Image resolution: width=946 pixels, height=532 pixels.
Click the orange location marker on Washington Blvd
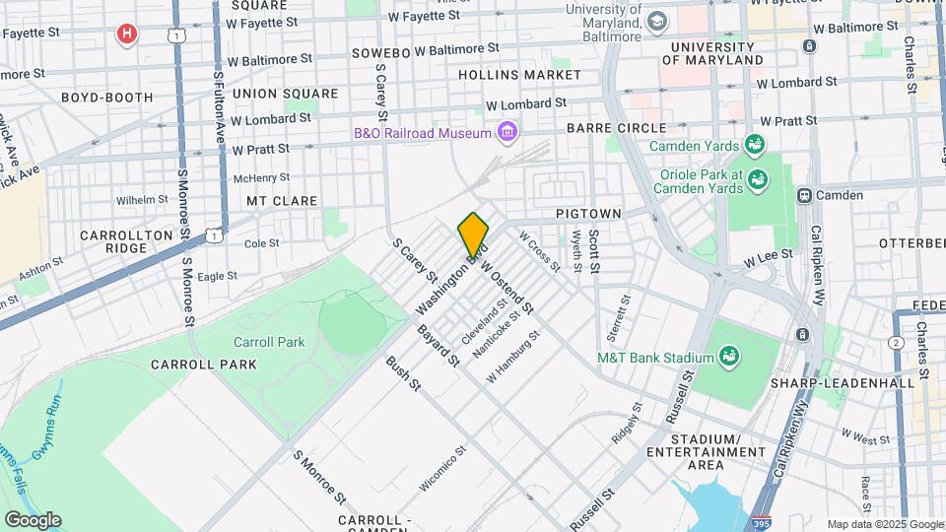[x=473, y=234]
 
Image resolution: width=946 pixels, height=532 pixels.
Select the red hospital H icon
[x=126, y=35]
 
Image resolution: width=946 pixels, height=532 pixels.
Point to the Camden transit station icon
[x=805, y=195]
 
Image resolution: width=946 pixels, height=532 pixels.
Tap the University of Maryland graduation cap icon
[x=657, y=20]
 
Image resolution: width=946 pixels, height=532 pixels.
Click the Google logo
[x=33, y=520]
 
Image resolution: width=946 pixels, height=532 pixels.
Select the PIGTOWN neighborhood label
[x=588, y=213]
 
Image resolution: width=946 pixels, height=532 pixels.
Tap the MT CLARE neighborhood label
[x=282, y=201]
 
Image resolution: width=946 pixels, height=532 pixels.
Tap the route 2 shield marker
[x=895, y=342]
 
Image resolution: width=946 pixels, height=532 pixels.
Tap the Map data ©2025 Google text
[x=884, y=524]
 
